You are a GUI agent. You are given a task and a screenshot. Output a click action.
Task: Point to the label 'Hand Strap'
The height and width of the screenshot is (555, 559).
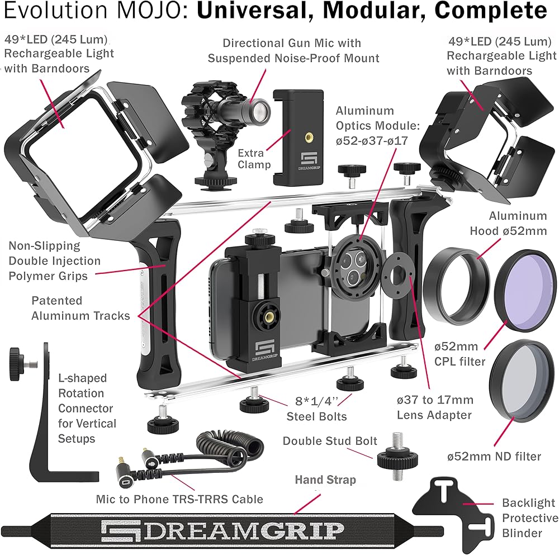tap(325, 480)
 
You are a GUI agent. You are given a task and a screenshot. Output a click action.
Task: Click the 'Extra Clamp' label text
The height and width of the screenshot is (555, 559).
tap(254, 159)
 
